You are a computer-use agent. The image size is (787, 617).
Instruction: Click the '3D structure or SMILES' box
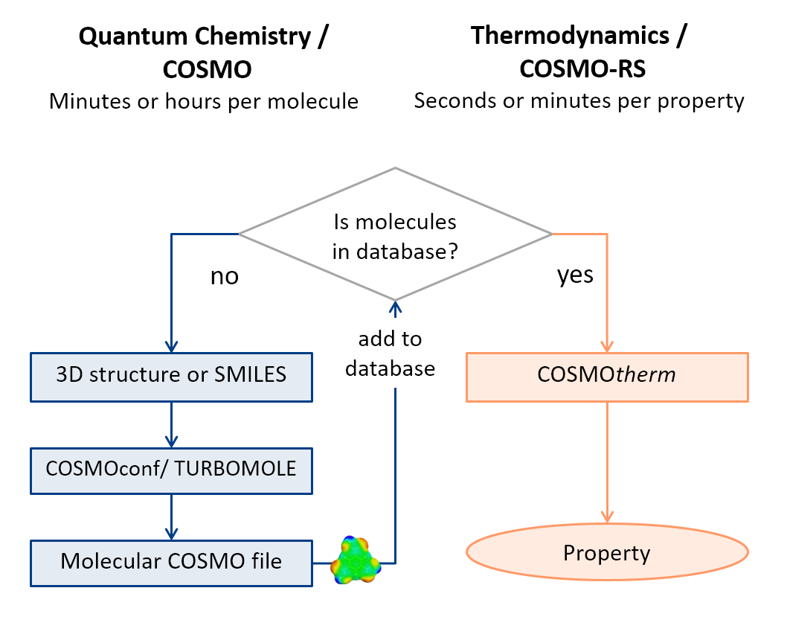(172, 377)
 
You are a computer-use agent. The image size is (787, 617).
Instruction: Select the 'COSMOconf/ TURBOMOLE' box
(172, 471)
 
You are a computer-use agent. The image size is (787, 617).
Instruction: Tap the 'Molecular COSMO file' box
(172, 563)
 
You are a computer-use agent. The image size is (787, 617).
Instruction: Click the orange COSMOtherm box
(607, 377)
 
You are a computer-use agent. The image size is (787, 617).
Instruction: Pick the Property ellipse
(607, 552)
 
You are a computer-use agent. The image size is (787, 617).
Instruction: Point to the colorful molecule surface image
(356, 560)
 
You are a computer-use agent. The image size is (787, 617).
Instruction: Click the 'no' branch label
(225, 277)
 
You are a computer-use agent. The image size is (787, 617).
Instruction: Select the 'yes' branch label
(575, 275)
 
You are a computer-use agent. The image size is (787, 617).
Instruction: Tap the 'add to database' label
(390, 354)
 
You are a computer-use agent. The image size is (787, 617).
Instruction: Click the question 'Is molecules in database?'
(395, 237)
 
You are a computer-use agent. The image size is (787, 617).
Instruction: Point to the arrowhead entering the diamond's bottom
(396, 307)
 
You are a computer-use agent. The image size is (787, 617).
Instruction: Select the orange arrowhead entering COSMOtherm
(607, 346)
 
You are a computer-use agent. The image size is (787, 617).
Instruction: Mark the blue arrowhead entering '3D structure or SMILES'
(172, 346)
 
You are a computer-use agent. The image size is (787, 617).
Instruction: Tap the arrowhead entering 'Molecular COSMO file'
(172, 534)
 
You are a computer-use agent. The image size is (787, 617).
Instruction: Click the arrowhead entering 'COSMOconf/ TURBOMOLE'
(172, 441)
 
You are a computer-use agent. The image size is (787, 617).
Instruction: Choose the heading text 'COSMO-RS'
(582, 68)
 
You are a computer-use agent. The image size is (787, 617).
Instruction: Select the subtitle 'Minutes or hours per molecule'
(204, 101)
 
